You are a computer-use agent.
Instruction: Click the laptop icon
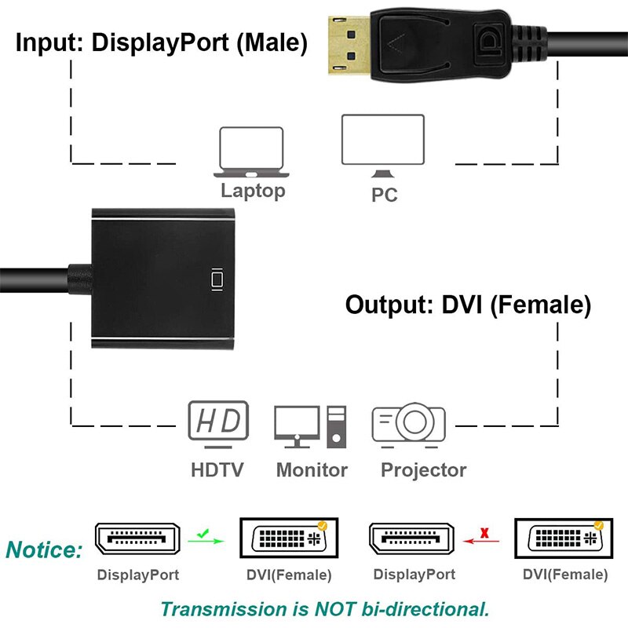[251, 152]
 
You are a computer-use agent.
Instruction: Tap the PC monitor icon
[382, 146]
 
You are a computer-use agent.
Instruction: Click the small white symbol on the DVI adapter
[217, 279]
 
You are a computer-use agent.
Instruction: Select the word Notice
[44, 549]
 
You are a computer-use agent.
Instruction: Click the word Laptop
[253, 190]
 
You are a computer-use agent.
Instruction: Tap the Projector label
[423, 470]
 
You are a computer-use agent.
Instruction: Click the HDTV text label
[217, 470]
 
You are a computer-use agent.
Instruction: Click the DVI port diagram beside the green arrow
[287, 539]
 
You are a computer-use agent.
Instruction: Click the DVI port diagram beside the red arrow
[563, 539]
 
